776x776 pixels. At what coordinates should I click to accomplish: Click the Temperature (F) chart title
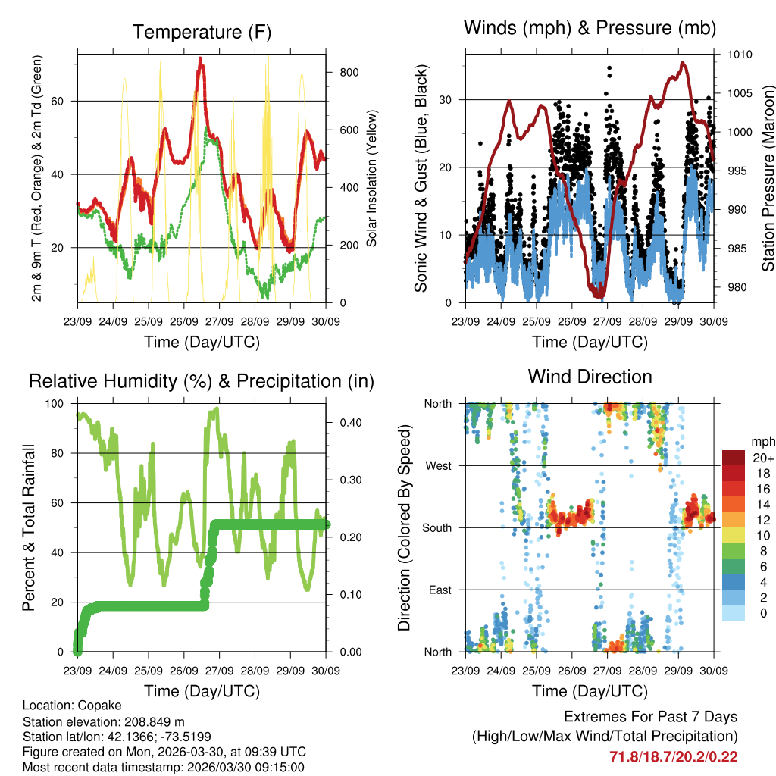pos(201,33)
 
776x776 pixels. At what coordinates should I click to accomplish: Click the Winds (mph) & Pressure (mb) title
pos(590,28)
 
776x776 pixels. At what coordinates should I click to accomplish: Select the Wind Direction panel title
pos(590,376)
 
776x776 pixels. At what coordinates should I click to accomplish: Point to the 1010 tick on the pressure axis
pos(740,55)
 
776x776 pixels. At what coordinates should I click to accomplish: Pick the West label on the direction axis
pos(438,465)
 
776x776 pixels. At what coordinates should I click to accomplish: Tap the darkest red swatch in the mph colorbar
pos(734,458)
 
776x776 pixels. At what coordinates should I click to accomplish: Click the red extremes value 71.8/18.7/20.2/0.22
pos(673,756)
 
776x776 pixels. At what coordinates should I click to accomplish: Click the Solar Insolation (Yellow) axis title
pos(372,178)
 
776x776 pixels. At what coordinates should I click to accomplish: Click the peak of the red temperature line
pos(200,58)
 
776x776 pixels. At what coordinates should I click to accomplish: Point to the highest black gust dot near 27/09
pos(609,68)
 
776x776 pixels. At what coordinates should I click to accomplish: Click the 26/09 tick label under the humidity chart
pos(184,671)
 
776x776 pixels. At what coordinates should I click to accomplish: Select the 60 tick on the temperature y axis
pos(67,101)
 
